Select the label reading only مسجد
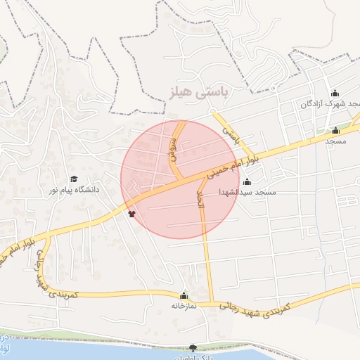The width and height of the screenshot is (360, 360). coord(335,141)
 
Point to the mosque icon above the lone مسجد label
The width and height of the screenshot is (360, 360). coord(335,130)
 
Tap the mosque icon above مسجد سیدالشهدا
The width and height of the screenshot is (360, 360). coord(247,182)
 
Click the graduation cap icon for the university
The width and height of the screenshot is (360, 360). coord(73,179)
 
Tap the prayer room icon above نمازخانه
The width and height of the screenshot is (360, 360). coord(184,295)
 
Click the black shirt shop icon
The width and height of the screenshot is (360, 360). coord(131,214)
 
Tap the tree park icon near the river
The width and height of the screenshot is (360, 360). coord(193,347)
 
